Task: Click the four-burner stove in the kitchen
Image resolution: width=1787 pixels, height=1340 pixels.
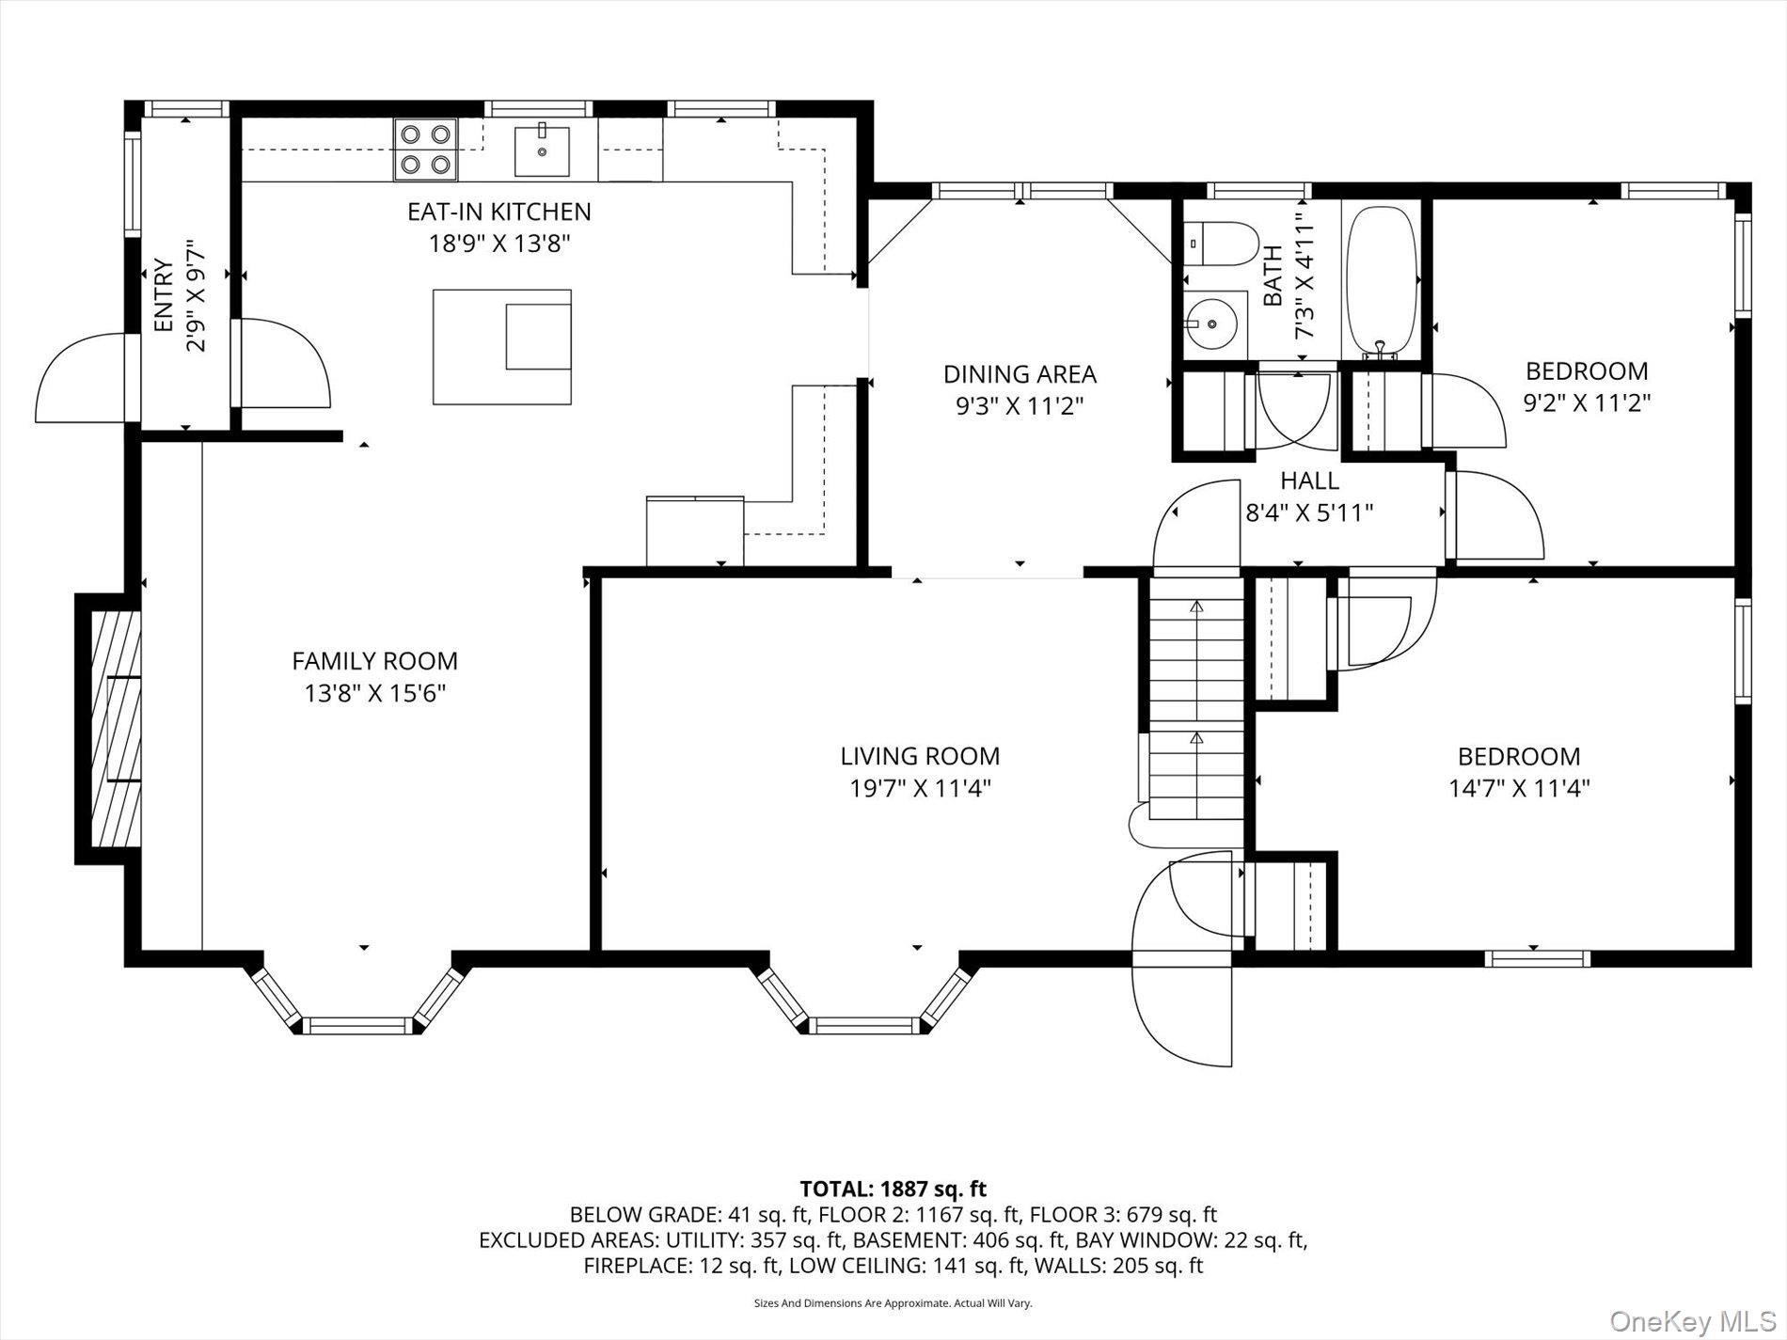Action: pyautogui.click(x=426, y=150)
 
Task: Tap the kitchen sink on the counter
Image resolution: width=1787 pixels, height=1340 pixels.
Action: pyautogui.click(x=542, y=150)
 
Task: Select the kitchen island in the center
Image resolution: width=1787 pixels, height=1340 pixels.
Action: pyautogui.click(x=502, y=347)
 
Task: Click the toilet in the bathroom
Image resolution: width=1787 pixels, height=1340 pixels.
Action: pyautogui.click(x=1220, y=244)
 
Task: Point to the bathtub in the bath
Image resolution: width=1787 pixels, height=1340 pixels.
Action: pyautogui.click(x=1382, y=283)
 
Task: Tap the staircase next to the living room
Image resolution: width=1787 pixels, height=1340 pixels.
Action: pyautogui.click(x=1195, y=701)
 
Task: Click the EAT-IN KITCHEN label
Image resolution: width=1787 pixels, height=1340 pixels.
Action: pyautogui.click(x=499, y=212)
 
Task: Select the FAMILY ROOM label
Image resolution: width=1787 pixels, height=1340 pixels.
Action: pyautogui.click(x=374, y=661)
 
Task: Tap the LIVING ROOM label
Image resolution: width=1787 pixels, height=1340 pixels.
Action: pyautogui.click(x=920, y=756)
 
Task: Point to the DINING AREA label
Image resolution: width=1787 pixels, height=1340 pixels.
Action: pyautogui.click(x=1020, y=374)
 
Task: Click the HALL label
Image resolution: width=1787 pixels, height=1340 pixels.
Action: pyautogui.click(x=1309, y=481)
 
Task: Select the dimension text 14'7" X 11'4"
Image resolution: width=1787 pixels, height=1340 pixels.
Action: pyautogui.click(x=1519, y=788)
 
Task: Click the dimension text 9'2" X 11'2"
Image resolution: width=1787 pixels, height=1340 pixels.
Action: pyautogui.click(x=1587, y=402)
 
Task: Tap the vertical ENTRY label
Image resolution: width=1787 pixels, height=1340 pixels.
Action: pyautogui.click(x=164, y=296)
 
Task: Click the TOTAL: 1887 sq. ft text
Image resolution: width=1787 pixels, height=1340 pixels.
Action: pyautogui.click(x=893, y=1190)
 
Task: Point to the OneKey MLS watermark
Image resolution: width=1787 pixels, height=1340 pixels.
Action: pyautogui.click(x=1692, y=1321)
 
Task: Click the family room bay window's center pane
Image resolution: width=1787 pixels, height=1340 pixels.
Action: pyautogui.click(x=358, y=1025)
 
